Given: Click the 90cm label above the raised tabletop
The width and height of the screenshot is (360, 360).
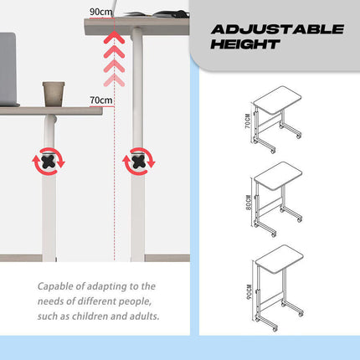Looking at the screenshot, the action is point(101,12).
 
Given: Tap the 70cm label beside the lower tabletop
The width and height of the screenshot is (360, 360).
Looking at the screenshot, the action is point(101,100).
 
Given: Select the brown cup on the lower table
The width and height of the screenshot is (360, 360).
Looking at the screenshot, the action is point(54,94).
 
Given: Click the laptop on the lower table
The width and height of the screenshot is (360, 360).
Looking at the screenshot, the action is point(8,69).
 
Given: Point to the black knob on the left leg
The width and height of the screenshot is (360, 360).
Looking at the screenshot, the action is point(49,162).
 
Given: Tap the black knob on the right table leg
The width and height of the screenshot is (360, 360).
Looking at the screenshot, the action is point(139,162).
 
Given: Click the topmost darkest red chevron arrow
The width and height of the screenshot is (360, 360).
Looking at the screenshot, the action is point(114,38).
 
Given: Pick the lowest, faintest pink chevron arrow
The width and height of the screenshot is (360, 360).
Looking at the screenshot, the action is point(114,80).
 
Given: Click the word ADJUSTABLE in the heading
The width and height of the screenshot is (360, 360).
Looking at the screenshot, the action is point(277,29).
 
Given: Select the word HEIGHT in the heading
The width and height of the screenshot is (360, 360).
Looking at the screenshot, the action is point(245,44).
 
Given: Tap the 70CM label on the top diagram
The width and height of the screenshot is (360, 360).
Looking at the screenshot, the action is point(248,121).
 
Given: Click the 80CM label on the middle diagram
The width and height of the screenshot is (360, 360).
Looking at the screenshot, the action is point(249,203).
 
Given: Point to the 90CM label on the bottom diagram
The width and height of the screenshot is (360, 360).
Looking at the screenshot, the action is point(249,292).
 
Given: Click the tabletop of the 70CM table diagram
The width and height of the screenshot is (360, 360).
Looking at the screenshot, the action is point(277,100).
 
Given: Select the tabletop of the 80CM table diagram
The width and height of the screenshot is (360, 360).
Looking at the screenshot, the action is point(278,176).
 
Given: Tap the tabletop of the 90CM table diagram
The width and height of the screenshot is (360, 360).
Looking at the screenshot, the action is point(280,260).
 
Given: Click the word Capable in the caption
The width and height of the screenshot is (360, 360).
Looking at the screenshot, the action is point(54,286).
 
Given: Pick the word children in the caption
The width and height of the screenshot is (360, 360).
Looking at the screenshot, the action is point(90,316).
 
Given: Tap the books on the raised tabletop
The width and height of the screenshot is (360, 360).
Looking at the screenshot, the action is point(157,13).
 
